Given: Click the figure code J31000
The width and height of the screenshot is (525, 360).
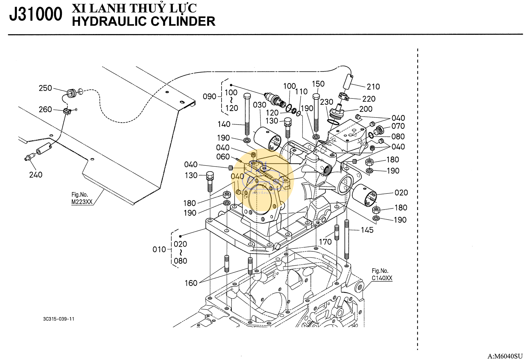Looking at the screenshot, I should pyautogui.click(x=36, y=14).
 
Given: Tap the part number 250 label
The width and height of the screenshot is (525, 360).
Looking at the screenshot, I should pyautogui.click(x=45, y=88).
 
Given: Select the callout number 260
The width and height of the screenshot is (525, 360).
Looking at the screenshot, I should pyautogui.click(x=45, y=110).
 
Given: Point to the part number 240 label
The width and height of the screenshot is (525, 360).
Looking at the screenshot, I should pyautogui.click(x=36, y=175).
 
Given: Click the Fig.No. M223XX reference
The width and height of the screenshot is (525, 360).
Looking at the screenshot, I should pyautogui.click(x=82, y=198).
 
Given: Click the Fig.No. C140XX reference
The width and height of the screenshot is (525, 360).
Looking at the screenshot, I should pyautogui.click(x=382, y=275).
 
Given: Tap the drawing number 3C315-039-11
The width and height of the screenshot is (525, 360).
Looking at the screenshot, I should pyautogui.click(x=59, y=319).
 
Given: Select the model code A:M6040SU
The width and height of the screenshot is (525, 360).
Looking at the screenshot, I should pyautogui.click(x=505, y=356).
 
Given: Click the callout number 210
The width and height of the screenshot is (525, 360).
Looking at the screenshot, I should pyautogui.click(x=373, y=87).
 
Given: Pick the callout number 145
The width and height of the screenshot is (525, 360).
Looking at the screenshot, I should pyautogui.click(x=367, y=230).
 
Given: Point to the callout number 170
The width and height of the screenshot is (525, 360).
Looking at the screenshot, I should pyautogui.click(x=325, y=242).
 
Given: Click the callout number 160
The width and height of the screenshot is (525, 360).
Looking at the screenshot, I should pyautogui.click(x=191, y=283).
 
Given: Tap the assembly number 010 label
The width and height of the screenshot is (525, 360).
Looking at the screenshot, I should pyautogui.click(x=159, y=249).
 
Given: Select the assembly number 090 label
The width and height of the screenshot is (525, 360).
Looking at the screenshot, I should pyautogui.click(x=209, y=96).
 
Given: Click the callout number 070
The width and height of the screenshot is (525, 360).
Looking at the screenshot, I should pyautogui.click(x=398, y=126).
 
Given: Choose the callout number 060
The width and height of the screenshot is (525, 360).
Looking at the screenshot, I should pyautogui.click(x=223, y=157).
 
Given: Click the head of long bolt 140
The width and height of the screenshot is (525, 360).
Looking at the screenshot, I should pyautogui.click(x=247, y=96).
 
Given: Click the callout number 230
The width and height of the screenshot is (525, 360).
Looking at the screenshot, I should pyautogui.click(x=327, y=102).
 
